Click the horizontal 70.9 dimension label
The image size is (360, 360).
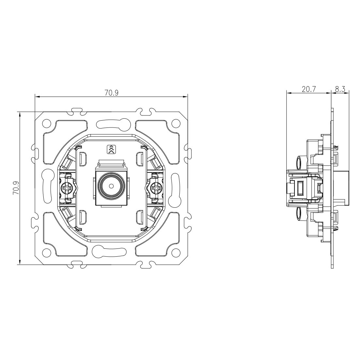[111, 93]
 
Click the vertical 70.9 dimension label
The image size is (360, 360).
[16, 188]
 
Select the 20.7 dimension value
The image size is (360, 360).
[309, 89]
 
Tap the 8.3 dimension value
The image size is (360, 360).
[340, 89]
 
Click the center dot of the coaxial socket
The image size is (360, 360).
[111, 186]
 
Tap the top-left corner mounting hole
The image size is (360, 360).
[47, 123]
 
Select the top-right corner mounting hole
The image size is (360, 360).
[176, 123]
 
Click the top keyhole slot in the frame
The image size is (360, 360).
[111, 124]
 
